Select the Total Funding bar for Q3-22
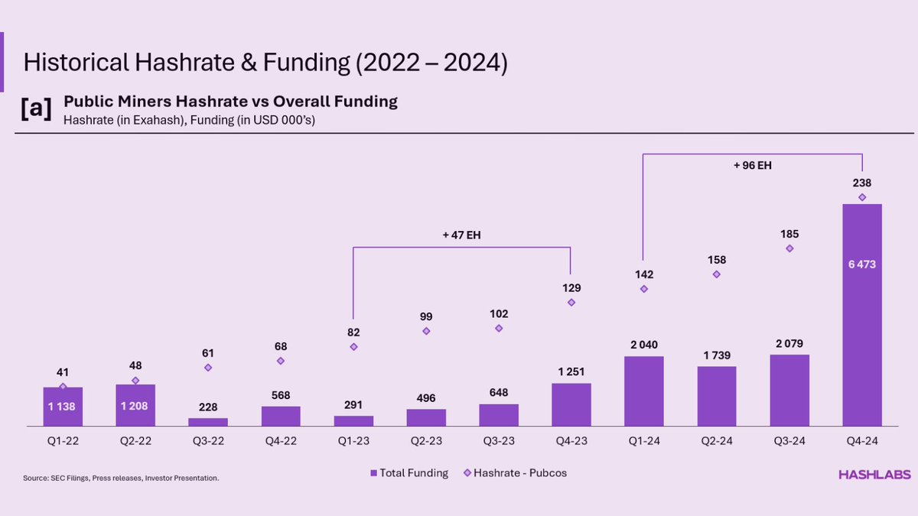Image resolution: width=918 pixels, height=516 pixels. (208, 421)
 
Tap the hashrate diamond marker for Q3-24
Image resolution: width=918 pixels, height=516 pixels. (789, 248)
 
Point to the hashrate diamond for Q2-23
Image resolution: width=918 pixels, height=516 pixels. (426, 331)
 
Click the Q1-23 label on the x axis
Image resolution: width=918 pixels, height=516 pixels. (353, 441)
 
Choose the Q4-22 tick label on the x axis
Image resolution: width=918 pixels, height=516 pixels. (281, 441)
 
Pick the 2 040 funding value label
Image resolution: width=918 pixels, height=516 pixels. (644, 345)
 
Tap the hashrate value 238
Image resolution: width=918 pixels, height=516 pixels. (862, 183)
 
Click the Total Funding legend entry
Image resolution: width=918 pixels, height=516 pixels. (409, 473)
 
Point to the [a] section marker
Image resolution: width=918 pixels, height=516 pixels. (36, 109)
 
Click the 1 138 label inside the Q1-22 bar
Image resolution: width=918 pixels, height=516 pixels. (63, 407)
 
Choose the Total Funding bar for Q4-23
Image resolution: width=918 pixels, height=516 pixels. (571, 404)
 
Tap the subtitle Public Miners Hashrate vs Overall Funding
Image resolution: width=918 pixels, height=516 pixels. (230, 101)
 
